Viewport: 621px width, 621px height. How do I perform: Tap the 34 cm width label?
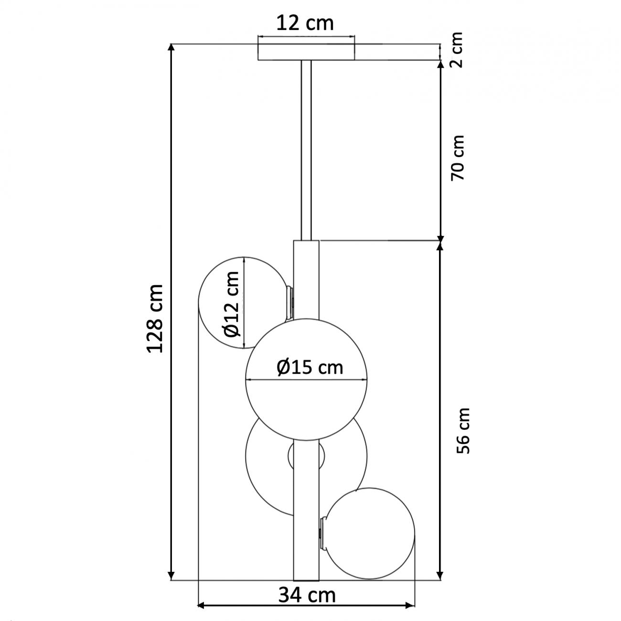[x=307, y=595]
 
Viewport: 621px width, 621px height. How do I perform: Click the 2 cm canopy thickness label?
[x=457, y=50]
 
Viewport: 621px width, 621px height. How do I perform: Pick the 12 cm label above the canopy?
[x=306, y=23]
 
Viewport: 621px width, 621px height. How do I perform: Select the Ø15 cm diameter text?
[x=310, y=367]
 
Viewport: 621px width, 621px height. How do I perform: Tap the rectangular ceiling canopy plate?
[x=306, y=52]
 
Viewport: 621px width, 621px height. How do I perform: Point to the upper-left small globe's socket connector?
[x=289, y=302]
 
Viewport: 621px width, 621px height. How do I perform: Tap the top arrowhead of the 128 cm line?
[x=171, y=48]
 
